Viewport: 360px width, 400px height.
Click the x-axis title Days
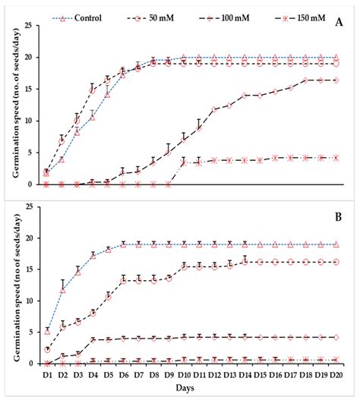pos(190,389)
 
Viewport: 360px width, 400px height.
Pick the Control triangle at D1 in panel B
pos(47,331)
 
